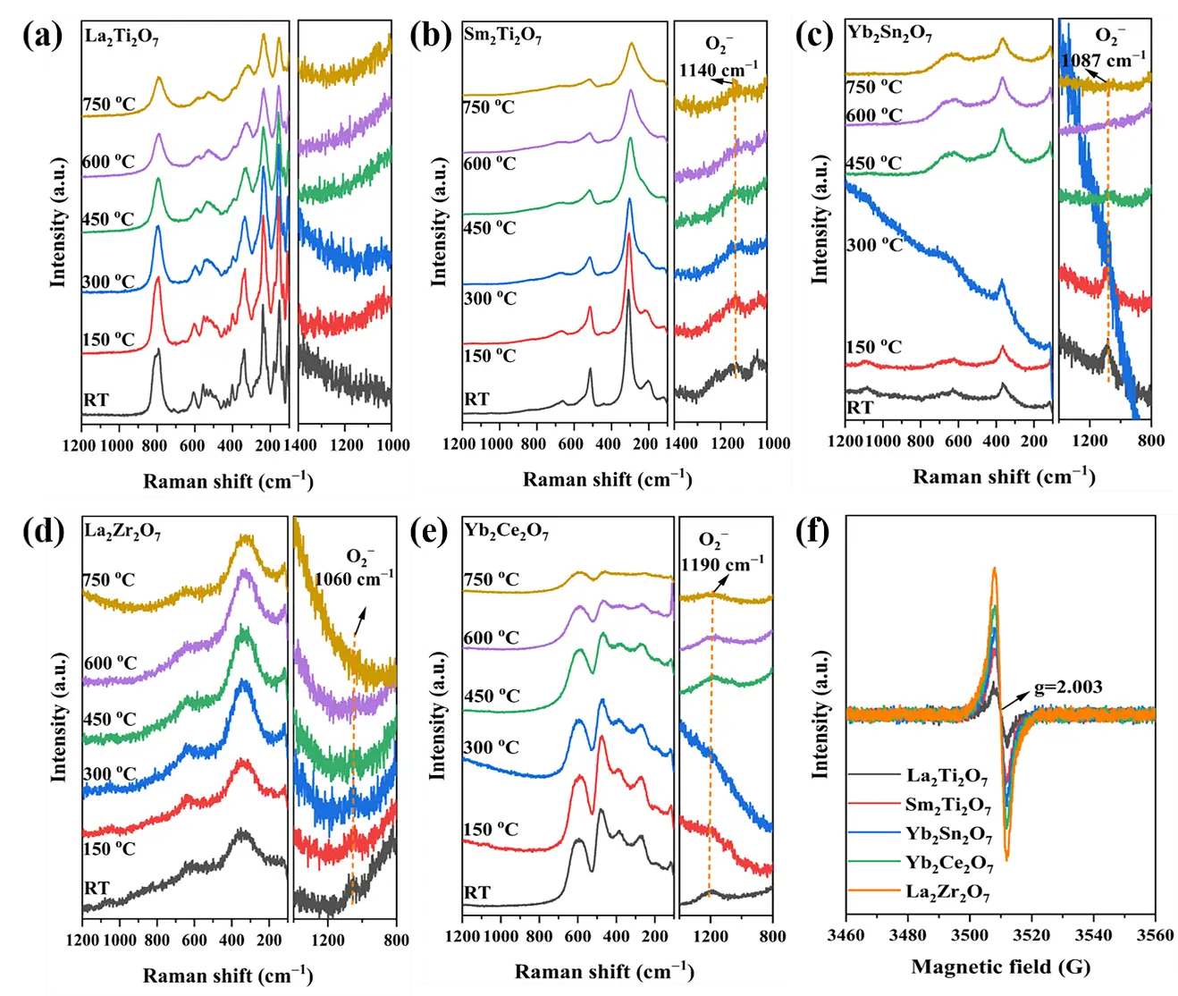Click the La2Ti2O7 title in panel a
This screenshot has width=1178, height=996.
(122, 37)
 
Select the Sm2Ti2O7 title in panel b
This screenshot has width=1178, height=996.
(502, 36)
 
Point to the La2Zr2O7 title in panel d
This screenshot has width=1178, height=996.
(122, 531)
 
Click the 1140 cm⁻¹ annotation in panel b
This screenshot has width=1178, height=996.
(718, 70)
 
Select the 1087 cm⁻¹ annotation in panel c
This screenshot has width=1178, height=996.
(1102, 61)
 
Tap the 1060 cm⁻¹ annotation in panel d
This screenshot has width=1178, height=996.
(353, 578)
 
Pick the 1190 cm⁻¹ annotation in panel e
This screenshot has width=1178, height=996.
(722, 565)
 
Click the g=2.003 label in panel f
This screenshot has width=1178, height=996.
(1068, 688)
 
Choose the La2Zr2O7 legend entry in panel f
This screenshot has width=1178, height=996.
(947, 891)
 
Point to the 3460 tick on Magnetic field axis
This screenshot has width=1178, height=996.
(846, 935)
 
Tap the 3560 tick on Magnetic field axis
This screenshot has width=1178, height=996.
(1155, 935)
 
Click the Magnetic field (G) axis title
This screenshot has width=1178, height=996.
(1000, 966)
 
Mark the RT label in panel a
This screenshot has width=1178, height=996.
(96, 400)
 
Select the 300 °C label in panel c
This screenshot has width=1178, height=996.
(873, 245)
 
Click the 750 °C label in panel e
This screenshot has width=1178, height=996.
(491, 579)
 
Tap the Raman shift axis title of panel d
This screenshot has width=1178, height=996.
(228, 975)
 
